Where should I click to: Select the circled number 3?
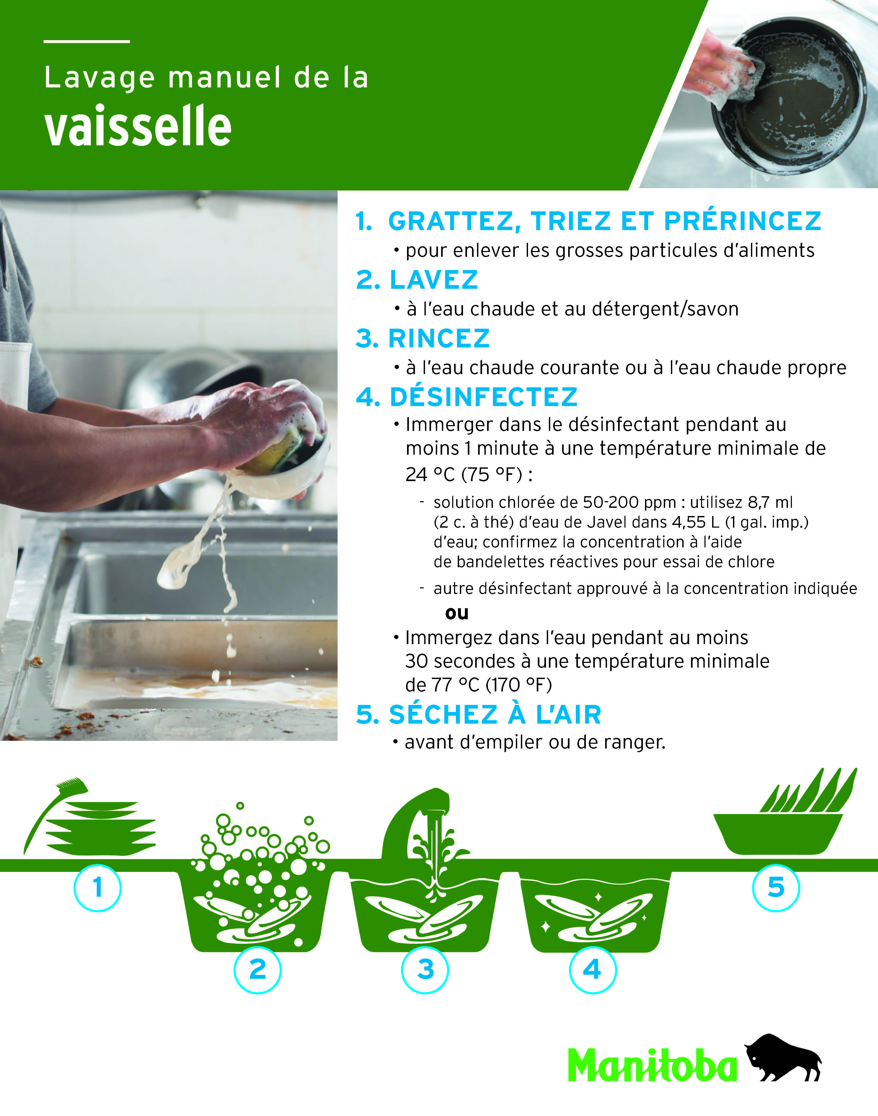click(x=425, y=969)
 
